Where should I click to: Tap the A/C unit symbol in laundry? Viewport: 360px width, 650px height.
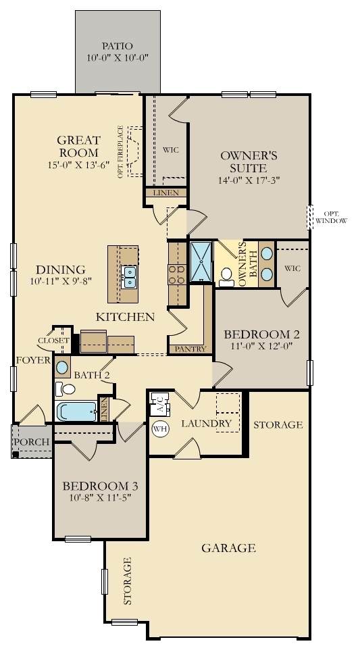pos(161,404)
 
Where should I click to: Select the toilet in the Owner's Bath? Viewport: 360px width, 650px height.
pos(226,277)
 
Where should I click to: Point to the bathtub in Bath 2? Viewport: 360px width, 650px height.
pos(76,411)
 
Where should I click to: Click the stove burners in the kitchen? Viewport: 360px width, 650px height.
pos(177,275)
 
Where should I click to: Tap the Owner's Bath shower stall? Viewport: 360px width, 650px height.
pos(201,262)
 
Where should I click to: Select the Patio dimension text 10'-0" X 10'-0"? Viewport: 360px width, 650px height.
pos(118,58)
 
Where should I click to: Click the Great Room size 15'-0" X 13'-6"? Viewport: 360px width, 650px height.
pos(78,164)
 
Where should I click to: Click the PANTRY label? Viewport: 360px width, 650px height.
pos(190,349)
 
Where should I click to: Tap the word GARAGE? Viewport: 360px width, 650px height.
pos(228,548)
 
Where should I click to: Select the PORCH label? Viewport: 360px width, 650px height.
pos(32,442)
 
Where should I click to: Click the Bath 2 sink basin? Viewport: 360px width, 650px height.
pos(62,368)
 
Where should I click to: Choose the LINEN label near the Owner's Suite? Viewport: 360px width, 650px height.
pos(165,193)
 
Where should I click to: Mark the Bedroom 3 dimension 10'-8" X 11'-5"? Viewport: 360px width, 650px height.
pos(100,498)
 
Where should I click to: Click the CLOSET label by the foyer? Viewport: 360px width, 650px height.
pos(54,341)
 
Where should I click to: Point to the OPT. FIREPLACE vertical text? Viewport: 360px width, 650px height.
pos(120,152)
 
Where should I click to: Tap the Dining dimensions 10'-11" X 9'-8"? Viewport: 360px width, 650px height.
pos(61,280)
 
